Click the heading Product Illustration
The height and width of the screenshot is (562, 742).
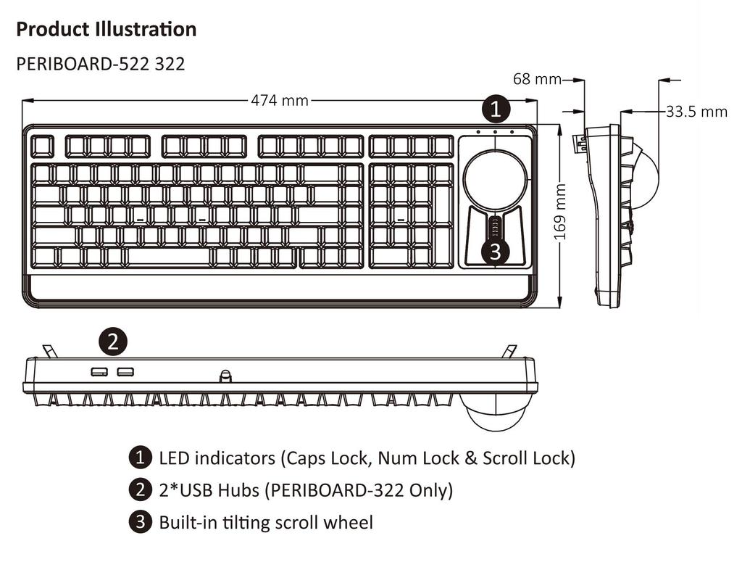point(106,30)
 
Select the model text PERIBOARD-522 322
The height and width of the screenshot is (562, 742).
point(100,64)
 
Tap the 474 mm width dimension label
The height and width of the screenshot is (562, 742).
point(280,101)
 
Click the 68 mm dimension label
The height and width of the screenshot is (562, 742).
point(537,78)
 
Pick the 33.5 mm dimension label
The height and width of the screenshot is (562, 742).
point(696,112)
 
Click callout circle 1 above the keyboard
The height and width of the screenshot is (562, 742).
point(496,110)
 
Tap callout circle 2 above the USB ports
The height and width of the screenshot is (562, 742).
point(112,342)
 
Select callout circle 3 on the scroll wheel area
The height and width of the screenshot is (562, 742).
point(495,251)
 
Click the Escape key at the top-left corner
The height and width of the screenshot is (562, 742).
point(43,146)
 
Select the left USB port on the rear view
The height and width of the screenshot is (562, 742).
point(99,372)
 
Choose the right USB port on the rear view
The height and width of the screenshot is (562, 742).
point(125,372)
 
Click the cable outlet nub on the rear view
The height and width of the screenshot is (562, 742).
point(225,376)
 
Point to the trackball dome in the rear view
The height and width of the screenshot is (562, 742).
point(496,412)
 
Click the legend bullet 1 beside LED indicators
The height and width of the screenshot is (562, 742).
point(139,458)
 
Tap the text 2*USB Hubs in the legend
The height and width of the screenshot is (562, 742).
point(209,490)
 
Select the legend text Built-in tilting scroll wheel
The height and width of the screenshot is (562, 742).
point(266,522)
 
